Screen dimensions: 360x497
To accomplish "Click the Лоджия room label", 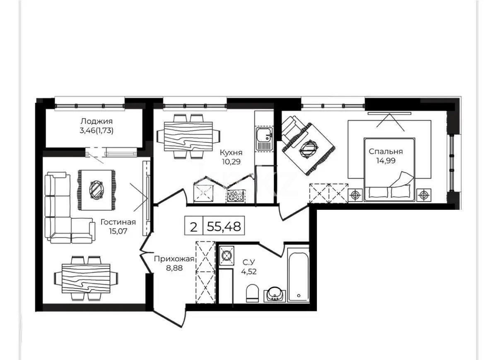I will [97, 121].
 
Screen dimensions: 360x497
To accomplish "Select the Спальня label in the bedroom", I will [386, 151].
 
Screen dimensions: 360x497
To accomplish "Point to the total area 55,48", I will [226, 226].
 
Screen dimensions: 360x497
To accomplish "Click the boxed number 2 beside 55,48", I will [193, 226].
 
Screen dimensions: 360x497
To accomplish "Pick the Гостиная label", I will [118, 223].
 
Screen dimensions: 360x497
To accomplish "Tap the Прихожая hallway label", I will [174, 259].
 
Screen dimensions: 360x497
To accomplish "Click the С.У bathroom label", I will [248, 262].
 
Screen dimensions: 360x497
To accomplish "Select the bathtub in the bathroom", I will [298, 275].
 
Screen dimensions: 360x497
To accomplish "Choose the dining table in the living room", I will [86, 277].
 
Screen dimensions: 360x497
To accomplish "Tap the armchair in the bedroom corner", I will [294, 129].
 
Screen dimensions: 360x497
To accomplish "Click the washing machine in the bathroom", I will [226, 256].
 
